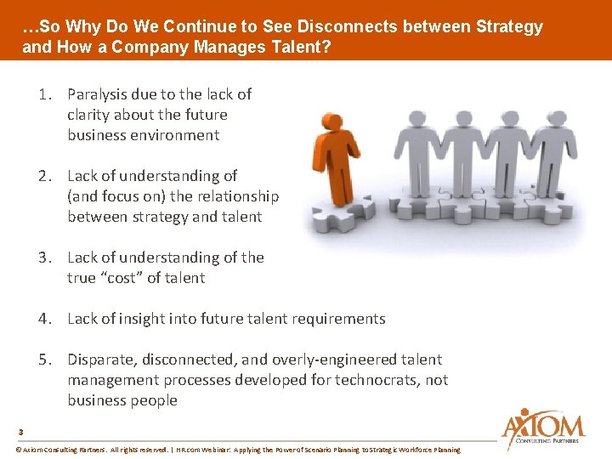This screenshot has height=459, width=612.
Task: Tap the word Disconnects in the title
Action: pos(343,26)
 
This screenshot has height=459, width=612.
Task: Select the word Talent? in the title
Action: pos(301,47)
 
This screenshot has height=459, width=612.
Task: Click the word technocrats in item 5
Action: pos(371,380)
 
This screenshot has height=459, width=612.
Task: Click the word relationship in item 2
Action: pos(234,196)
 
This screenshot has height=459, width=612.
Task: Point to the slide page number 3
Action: pos(20,431)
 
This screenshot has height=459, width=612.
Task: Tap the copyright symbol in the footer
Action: pos(19,450)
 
